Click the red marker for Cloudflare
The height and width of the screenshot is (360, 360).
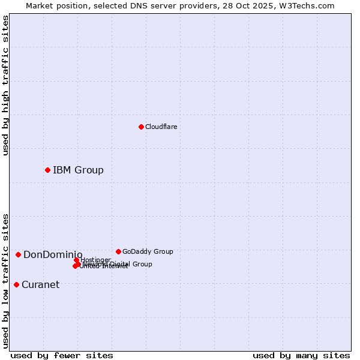[x=141, y=127]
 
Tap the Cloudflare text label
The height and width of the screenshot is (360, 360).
[x=161, y=127]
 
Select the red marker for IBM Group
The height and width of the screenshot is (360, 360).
[x=47, y=170]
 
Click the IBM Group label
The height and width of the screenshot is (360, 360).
[x=78, y=170]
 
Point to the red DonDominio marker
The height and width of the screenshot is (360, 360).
[x=18, y=254]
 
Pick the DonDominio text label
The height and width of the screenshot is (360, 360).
[x=53, y=255]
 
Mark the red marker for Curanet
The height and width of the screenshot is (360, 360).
[x=16, y=284]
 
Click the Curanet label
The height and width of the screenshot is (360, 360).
[x=40, y=284]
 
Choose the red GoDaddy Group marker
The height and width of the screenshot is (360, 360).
[x=118, y=251]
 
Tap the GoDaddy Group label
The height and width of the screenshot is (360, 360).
[x=148, y=251]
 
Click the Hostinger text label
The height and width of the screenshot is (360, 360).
[x=96, y=259]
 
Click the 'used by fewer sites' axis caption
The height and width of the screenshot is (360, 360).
[x=62, y=355]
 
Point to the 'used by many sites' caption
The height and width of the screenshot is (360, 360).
[x=301, y=355]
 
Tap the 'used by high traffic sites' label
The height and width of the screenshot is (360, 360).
[x=5, y=85]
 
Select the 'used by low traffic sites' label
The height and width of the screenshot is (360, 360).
[x=5, y=281]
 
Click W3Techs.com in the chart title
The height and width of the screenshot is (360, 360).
[x=310, y=5]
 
